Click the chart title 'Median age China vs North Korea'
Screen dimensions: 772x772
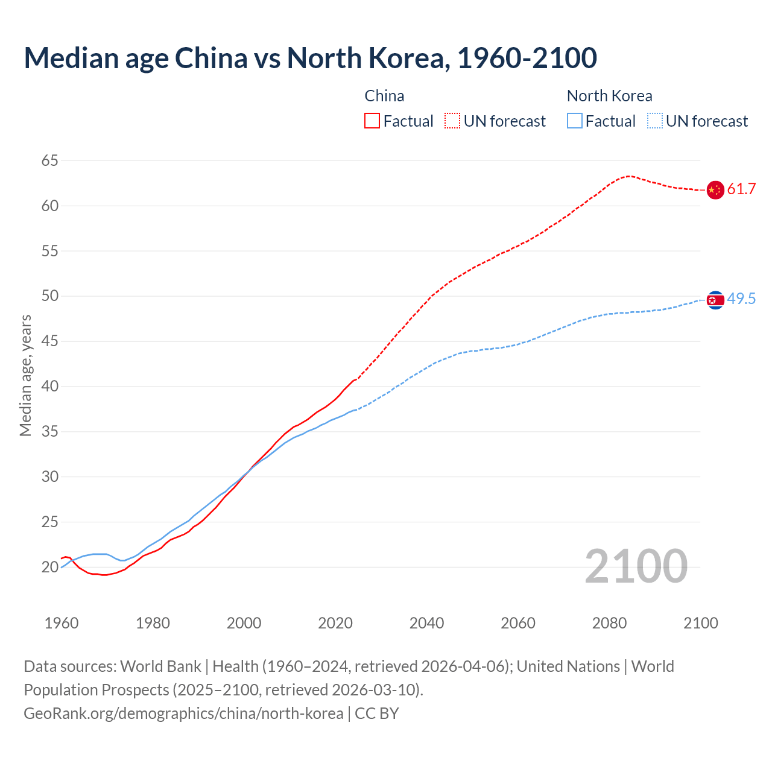tap(310, 58)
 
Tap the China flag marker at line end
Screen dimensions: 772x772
tap(715, 190)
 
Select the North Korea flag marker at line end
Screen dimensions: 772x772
tap(715, 300)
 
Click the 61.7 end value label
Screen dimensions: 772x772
tap(741, 189)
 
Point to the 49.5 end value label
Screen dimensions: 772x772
tap(741, 299)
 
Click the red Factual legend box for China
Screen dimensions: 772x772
tap(372, 121)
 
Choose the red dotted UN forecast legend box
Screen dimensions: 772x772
tap(452, 121)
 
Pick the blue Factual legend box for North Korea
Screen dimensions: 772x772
tap(575, 121)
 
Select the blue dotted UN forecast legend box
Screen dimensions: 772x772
tap(655, 121)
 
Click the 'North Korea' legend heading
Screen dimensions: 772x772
tap(609, 96)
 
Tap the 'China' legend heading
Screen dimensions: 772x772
tap(384, 96)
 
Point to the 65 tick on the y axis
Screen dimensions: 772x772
tap(50, 160)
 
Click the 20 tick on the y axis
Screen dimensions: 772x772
tap(50, 567)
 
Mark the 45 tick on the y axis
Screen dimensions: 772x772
tap(50, 341)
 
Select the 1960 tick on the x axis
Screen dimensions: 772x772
tap(62, 623)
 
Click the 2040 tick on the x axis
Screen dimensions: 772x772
tap(426, 623)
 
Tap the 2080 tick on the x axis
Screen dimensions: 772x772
tap(609, 623)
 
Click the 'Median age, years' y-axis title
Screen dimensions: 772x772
tap(25, 375)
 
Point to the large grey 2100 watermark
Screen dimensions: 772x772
tap(636, 566)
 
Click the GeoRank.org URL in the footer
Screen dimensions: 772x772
tap(183, 713)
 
